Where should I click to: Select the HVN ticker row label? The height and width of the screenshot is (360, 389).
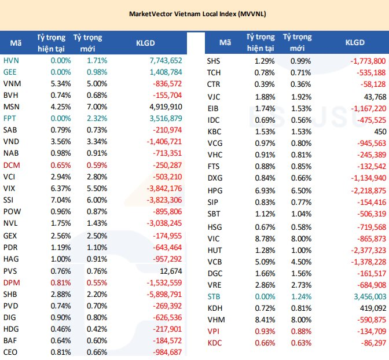[x=10, y=61]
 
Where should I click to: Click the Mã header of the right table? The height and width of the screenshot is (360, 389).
[x=225, y=42]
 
